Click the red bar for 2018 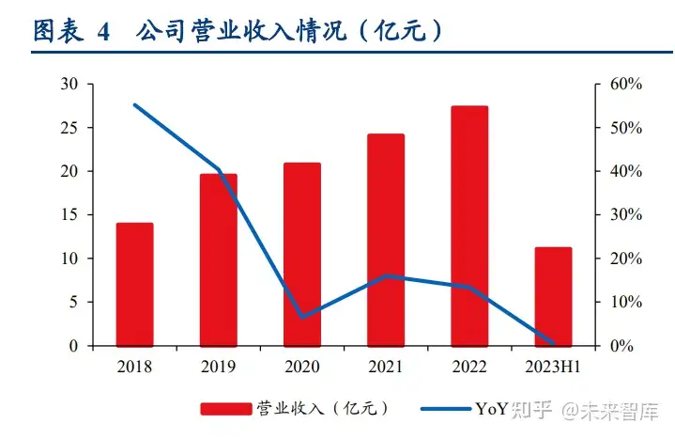[x=134, y=284]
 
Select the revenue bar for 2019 [x=218, y=259]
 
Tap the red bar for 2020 [x=301, y=254]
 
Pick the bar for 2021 [x=386, y=240]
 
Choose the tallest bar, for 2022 [x=469, y=226]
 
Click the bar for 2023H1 [x=553, y=296]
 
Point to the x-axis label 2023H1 [x=553, y=366]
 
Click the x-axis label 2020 [x=301, y=366]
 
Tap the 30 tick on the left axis [x=69, y=84]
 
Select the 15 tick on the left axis [x=69, y=214]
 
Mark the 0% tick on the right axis [x=620, y=346]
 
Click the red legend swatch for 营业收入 [x=226, y=409]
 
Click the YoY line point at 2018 [x=134, y=104]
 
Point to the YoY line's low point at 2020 [x=301, y=317]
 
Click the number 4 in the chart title [x=103, y=32]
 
